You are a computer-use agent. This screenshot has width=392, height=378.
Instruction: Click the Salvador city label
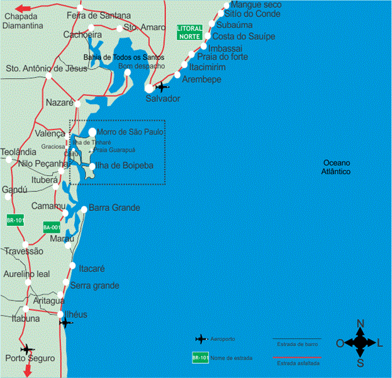click(x=163, y=99)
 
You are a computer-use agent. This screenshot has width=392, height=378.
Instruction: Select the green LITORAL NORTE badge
click(x=189, y=33)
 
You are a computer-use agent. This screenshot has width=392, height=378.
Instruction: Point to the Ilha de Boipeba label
click(x=122, y=166)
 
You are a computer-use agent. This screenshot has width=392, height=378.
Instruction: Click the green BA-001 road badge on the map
click(x=52, y=227)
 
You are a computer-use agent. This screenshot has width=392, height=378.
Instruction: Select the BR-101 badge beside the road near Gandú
click(x=15, y=220)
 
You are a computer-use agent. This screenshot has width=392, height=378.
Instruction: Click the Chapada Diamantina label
click(x=23, y=21)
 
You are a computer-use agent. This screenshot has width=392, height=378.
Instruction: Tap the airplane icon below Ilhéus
click(x=65, y=323)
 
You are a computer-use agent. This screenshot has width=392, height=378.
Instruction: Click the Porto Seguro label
click(x=30, y=358)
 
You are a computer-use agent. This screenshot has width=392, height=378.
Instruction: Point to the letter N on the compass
click(x=361, y=324)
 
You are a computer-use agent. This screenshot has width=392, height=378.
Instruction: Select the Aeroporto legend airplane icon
click(x=201, y=339)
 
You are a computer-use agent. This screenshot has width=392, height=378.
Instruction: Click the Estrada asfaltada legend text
click(x=298, y=364)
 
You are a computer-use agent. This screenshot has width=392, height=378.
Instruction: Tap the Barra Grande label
click(x=115, y=208)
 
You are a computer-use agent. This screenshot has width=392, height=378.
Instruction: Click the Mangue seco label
click(x=257, y=4)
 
